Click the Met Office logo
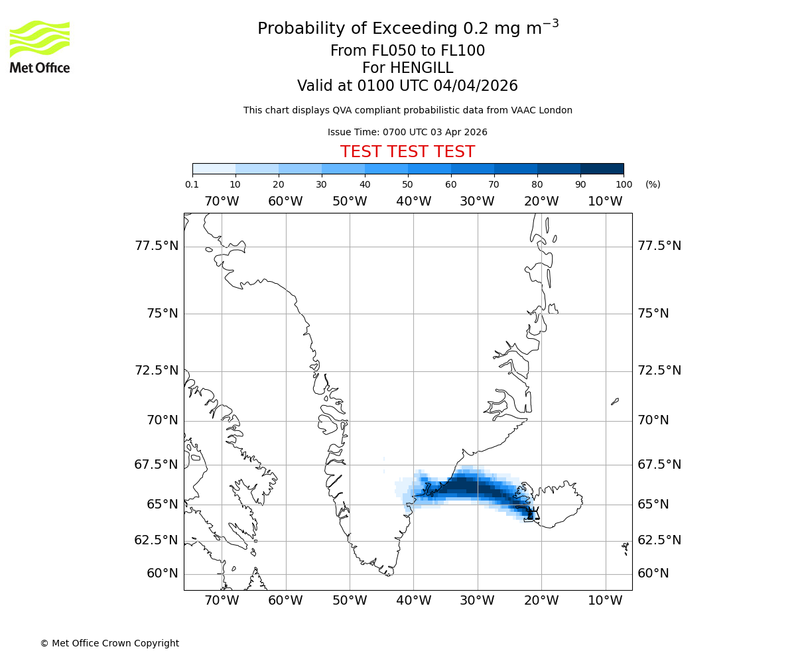point(40,46)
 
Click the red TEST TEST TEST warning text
point(407,152)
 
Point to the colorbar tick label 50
point(407,184)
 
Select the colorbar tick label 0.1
point(192,184)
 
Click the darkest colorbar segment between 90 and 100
point(602,168)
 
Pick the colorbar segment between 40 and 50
point(386,168)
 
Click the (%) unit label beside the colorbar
point(653,184)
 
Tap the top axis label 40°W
point(413,202)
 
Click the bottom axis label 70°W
point(222,601)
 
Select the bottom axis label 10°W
point(605,601)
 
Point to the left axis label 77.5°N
point(157,246)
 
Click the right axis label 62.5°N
point(659,540)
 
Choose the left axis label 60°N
point(163,573)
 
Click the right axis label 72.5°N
point(659,371)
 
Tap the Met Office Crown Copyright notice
point(109,643)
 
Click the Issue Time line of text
point(407,132)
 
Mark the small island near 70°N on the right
point(615,401)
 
